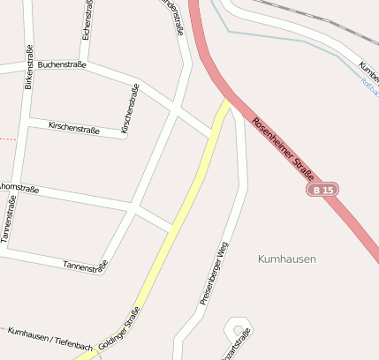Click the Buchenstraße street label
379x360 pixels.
click(x=62, y=64)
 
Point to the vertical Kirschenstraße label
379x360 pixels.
click(x=131, y=109)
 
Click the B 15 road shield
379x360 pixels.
click(x=323, y=190)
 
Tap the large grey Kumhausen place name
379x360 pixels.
click(x=286, y=259)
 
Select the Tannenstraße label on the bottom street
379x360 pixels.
click(x=85, y=265)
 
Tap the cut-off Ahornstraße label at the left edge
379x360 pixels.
click(x=18, y=187)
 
